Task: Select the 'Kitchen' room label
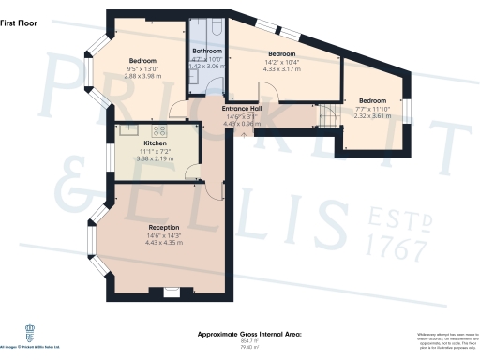155,143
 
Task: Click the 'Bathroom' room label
206,51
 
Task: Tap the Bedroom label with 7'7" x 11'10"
373,99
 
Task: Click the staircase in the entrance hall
328,115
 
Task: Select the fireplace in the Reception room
171,292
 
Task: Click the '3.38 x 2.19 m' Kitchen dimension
155,159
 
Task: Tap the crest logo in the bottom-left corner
28,330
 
